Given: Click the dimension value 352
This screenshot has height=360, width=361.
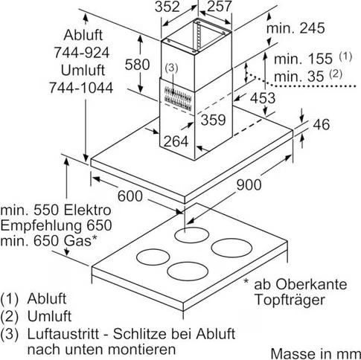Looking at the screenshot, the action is (x=167, y=7).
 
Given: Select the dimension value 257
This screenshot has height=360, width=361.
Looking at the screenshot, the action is (x=219, y=7).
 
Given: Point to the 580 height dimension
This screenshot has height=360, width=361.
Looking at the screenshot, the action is (x=137, y=65).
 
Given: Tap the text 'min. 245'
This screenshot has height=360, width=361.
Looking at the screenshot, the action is (x=295, y=28).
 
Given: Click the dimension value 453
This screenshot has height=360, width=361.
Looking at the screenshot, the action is (x=263, y=98).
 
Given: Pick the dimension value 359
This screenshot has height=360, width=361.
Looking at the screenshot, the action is (x=213, y=120).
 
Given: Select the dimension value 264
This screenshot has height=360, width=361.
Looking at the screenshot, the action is (x=176, y=141).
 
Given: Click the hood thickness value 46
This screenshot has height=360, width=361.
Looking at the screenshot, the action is (x=322, y=124).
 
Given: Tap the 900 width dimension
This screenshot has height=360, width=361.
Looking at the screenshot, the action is (x=249, y=184).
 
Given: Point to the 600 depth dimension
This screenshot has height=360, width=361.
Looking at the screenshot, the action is (x=130, y=196).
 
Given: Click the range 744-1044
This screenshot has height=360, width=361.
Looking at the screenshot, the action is (x=81, y=88).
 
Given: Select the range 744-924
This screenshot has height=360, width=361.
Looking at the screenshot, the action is (x=82, y=53).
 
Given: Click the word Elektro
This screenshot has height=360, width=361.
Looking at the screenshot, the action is (x=87, y=210).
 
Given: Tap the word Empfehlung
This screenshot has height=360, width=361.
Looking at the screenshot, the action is (x=41, y=226).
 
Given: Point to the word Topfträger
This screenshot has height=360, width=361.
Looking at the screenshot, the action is (x=290, y=300).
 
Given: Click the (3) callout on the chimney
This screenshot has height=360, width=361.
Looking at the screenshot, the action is (x=172, y=68).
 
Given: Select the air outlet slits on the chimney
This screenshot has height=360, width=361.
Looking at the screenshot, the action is (x=177, y=98).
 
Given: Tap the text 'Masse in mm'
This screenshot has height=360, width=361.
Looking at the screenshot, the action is (x=316, y=353).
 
